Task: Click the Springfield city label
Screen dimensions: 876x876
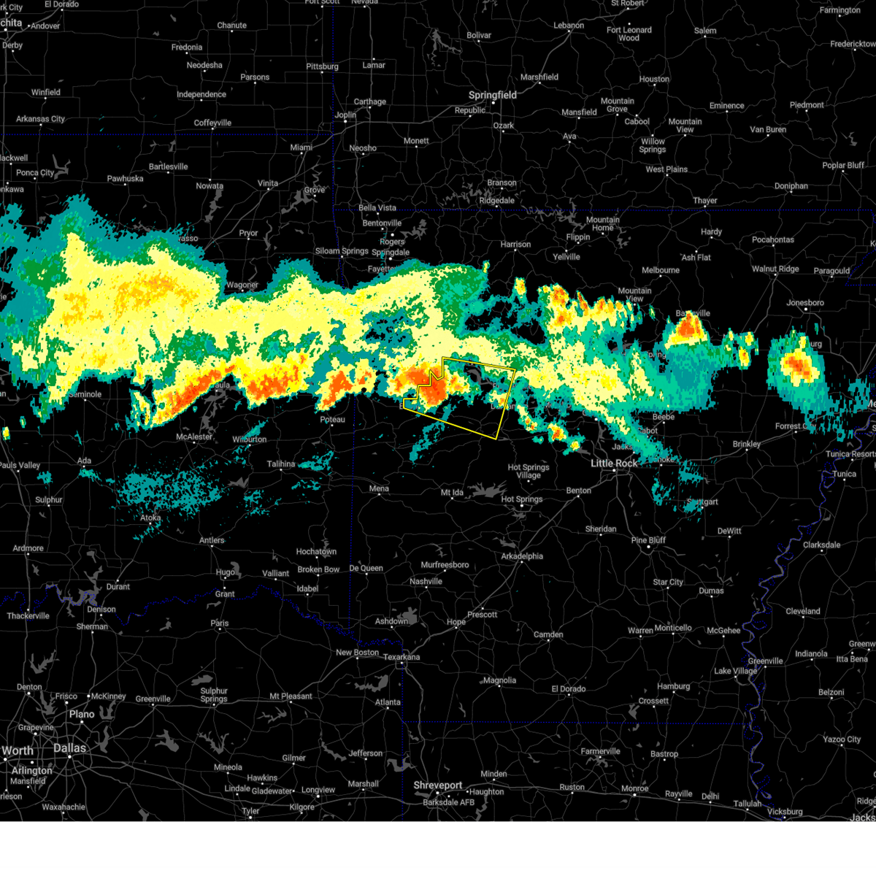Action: (492, 95)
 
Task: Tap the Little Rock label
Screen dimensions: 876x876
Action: (613, 463)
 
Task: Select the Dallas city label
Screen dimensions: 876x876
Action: (69, 748)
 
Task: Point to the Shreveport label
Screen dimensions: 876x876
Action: (438, 785)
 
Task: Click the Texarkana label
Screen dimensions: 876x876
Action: (401, 657)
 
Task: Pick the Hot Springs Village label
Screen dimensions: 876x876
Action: (529, 471)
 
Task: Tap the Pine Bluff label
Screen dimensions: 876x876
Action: (648, 540)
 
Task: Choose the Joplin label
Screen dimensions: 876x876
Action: (345, 115)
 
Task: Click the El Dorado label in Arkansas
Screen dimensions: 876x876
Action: (568, 688)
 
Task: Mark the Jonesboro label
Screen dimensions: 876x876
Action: (805, 303)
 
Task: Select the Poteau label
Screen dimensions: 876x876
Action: (332, 420)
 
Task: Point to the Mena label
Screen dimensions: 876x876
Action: (379, 489)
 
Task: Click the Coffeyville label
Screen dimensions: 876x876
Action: (212, 123)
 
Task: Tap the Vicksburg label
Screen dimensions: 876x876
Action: (785, 812)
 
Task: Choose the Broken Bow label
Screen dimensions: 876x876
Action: (318, 569)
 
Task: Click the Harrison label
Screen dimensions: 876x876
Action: (515, 245)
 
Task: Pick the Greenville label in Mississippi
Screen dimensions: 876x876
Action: (765, 661)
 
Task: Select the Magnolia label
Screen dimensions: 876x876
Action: (499, 680)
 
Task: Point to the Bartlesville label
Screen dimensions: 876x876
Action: (168, 166)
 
